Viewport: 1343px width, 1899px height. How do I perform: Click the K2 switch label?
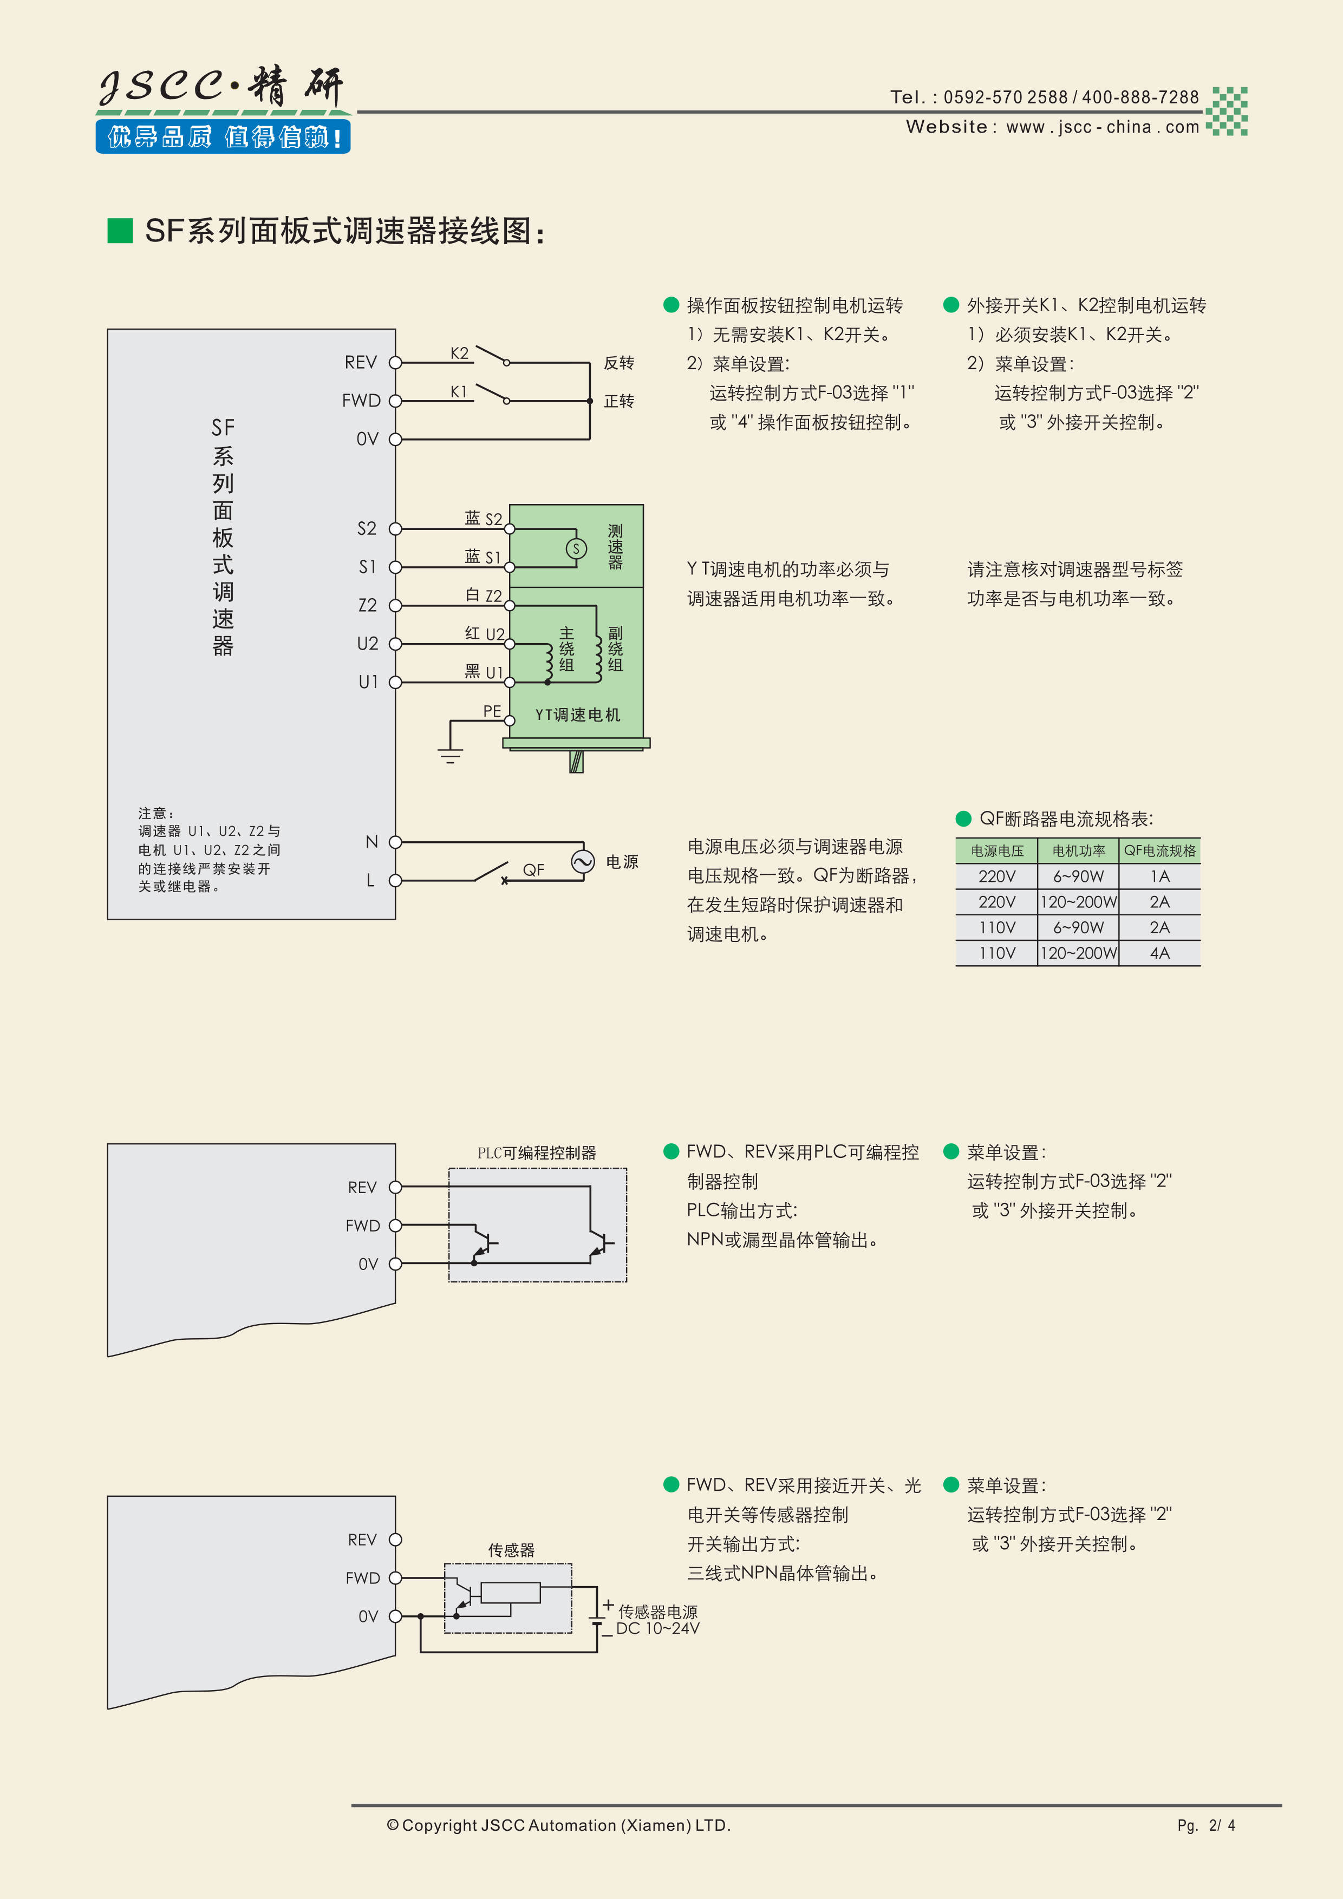click(x=459, y=353)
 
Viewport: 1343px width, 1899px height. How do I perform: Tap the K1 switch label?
click(x=459, y=391)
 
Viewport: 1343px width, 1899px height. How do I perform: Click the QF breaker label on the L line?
click(x=533, y=869)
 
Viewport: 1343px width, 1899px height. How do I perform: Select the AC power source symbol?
click(x=583, y=862)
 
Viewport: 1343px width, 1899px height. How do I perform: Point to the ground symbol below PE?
click(x=450, y=754)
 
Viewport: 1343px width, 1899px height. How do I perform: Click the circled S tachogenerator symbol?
click(x=576, y=548)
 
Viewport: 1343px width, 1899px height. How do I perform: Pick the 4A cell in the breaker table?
click(x=1159, y=953)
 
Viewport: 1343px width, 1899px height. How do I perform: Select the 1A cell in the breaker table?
click(x=1159, y=876)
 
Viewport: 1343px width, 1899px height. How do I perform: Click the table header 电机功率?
click(x=1078, y=850)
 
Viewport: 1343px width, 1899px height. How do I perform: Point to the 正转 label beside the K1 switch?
click(x=619, y=401)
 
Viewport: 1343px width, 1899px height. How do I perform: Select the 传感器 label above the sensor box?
click(x=511, y=1550)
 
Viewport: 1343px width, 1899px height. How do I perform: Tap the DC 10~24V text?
click(x=658, y=1628)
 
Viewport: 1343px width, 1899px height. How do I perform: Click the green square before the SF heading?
click(x=120, y=231)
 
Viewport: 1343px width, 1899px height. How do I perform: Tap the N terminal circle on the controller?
click(x=395, y=842)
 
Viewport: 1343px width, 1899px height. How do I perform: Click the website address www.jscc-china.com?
click(x=1102, y=127)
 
